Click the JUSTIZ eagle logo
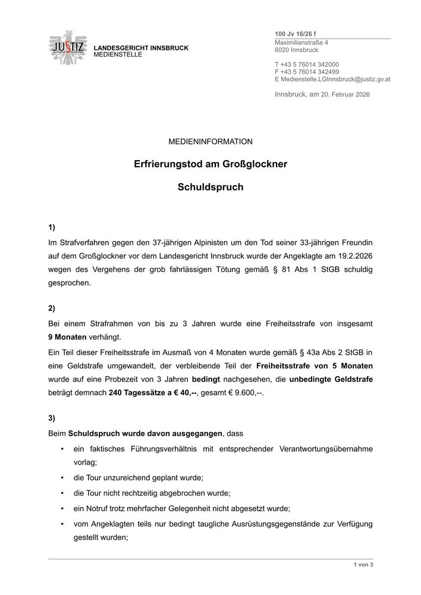68,46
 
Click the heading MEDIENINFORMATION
211,142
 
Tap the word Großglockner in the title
259,163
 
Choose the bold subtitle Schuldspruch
211,186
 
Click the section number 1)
52,227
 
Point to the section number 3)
52,418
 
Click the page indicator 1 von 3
363,564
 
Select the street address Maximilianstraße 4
301,42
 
